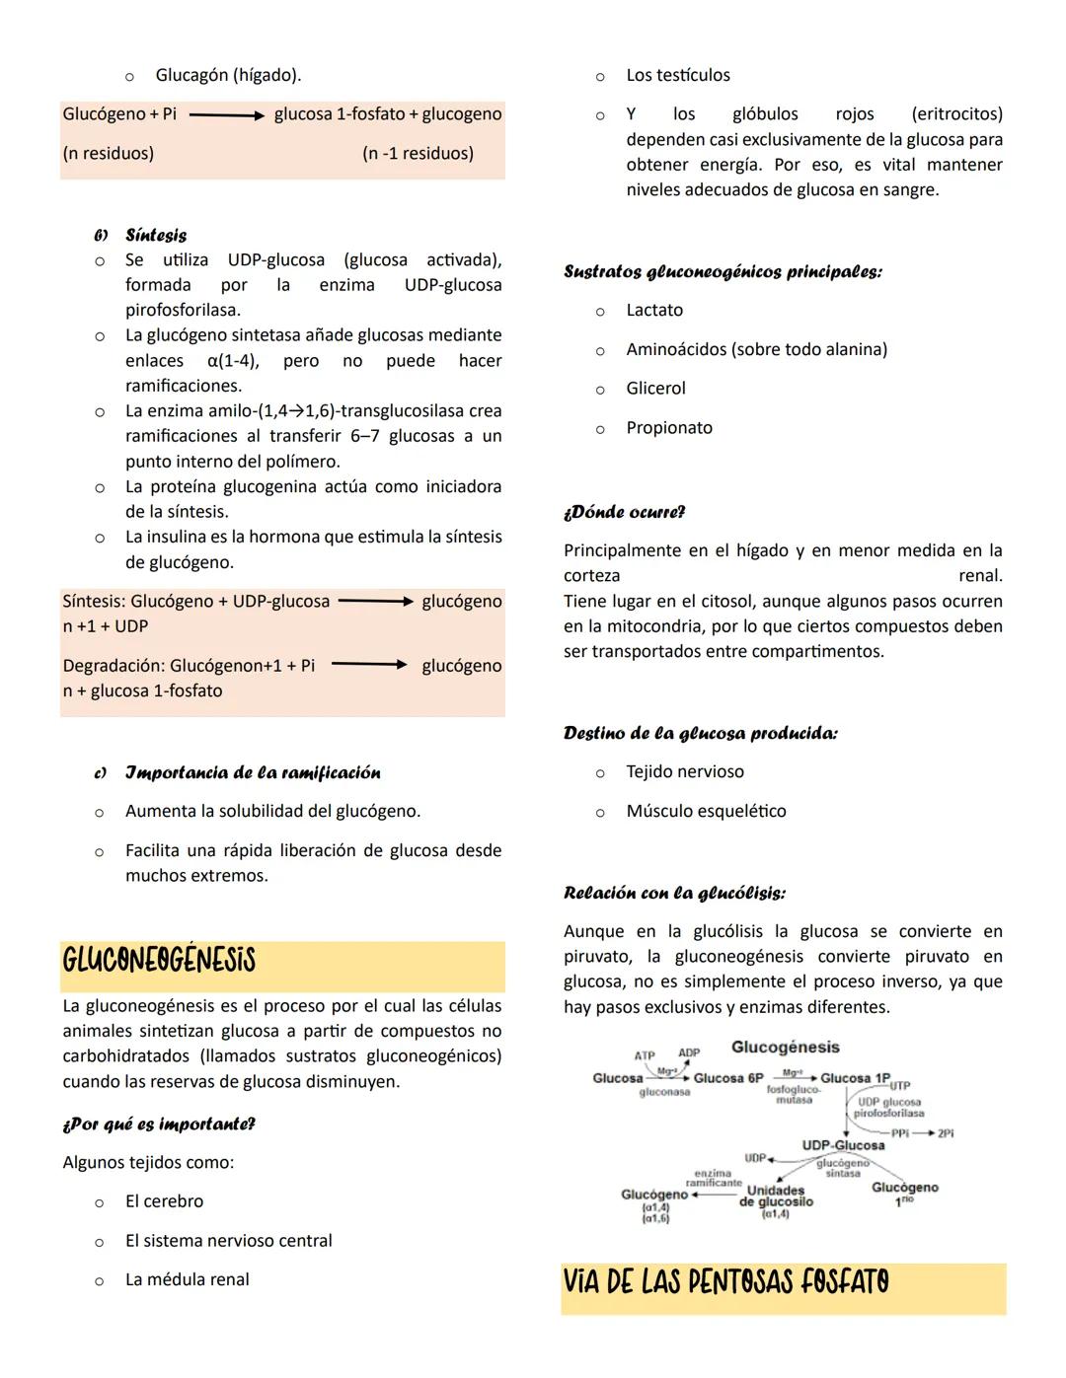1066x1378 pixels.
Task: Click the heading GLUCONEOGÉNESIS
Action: point(159,961)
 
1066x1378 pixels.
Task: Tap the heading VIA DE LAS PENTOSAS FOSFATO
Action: point(725,1282)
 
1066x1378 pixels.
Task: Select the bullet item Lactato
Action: point(653,310)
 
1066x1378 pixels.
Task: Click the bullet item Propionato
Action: point(668,428)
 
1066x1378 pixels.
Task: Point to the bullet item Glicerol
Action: point(655,389)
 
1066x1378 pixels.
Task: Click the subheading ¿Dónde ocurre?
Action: point(624,513)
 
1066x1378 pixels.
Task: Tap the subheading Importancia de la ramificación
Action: point(252,772)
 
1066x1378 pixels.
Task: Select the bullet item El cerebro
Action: point(164,1201)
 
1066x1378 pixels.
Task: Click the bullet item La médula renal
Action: point(187,1279)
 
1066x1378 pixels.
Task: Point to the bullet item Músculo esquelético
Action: point(706,811)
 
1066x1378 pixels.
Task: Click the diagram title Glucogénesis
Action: point(785,1047)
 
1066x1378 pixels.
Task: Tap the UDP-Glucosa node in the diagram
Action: point(843,1145)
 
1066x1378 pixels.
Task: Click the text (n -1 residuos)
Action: point(418,153)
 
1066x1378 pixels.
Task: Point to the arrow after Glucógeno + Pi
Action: point(226,114)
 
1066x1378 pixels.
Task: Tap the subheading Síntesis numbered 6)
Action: point(155,236)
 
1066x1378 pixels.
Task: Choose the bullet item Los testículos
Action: point(677,75)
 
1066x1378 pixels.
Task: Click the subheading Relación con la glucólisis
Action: point(674,894)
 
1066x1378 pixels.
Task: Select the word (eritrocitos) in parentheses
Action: point(956,114)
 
